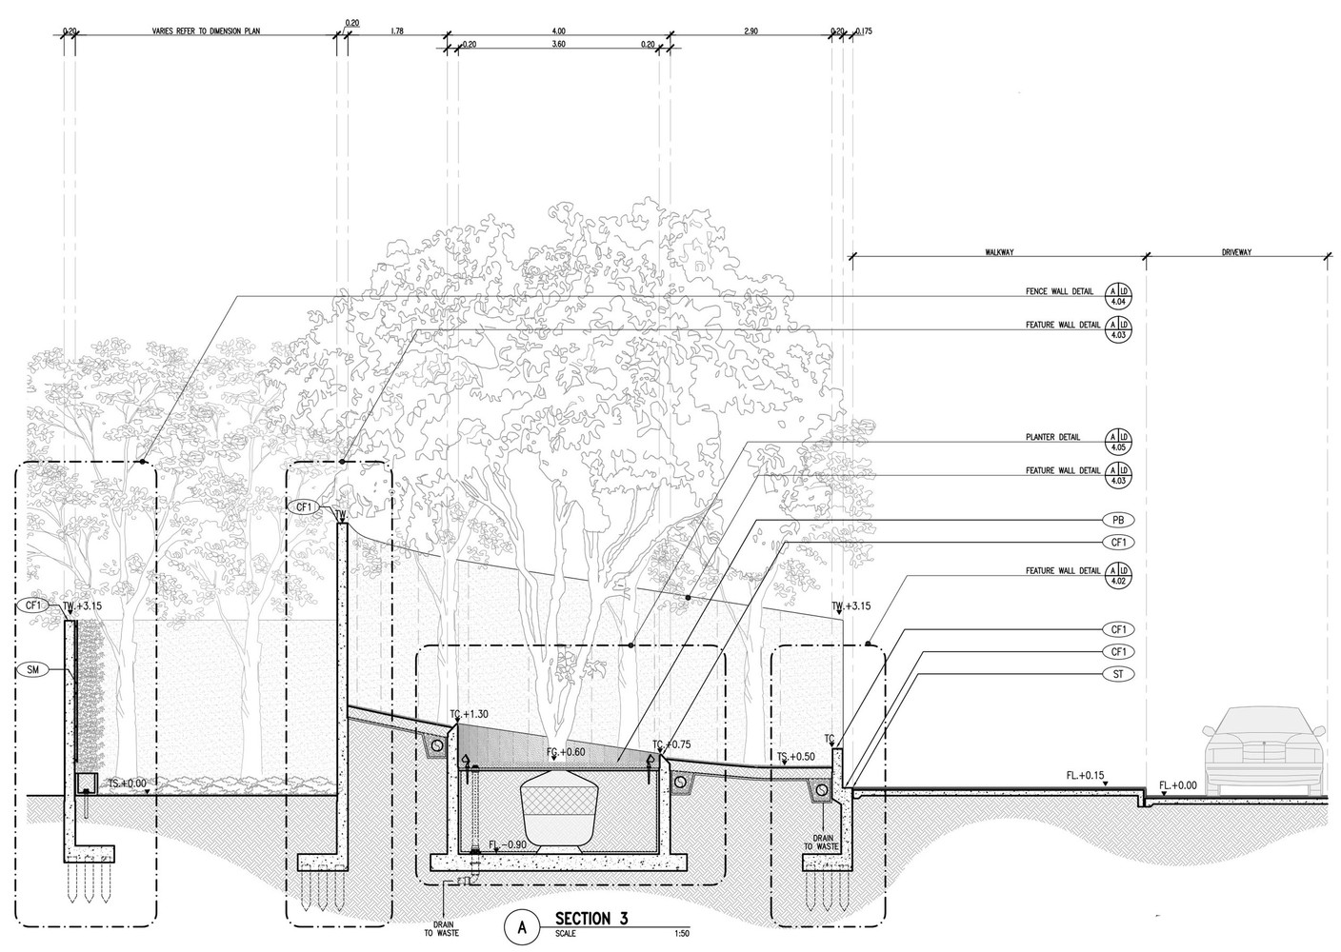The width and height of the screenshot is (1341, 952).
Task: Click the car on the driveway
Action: tap(1263, 749)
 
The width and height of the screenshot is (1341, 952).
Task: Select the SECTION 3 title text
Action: tap(591, 919)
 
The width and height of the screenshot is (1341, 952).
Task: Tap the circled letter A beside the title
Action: tap(521, 925)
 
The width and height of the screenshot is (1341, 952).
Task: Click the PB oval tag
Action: tap(1117, 521)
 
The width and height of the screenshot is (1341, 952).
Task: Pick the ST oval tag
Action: tap(1117, 674)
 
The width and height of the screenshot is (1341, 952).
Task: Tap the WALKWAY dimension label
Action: tap(998, 253)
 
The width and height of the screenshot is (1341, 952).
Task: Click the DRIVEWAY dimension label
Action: tap(1236, 253)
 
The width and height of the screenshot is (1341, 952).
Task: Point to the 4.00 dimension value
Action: tap(557, 31)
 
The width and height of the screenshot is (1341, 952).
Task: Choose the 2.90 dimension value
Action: tap(751, 31)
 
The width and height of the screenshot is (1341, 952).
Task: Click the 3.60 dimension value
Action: tap(557, 44)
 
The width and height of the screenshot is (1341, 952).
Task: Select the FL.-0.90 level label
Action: tap(507, 845)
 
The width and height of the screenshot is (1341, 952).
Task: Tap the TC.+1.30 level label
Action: tap(469, 714)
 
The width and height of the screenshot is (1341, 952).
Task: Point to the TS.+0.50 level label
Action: tap(795, 758)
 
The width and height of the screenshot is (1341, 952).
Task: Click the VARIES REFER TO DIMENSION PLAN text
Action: tap(205, 31)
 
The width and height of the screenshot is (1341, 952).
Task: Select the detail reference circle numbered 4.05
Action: tap(1117, 440)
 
